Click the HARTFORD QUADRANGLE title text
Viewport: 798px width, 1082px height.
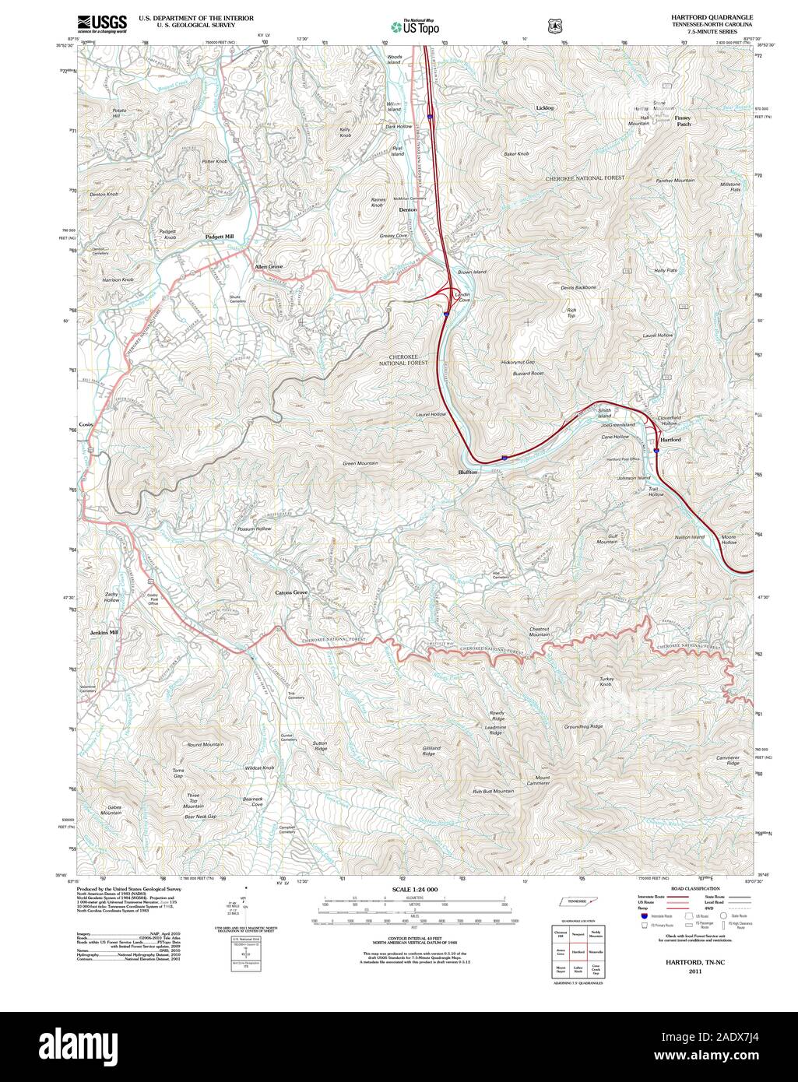point(707,16)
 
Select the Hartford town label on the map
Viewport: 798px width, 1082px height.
point(670,440)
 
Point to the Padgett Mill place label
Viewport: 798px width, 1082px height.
point(219,237)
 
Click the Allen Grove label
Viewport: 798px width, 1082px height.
point(269,266)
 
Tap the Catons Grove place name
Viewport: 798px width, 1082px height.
point(291,593)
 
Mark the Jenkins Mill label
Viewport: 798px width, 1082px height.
point(104,632)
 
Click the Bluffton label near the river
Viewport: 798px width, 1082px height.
point(468,472)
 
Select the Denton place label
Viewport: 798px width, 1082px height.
point(408,210)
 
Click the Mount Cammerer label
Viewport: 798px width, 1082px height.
point(542,780)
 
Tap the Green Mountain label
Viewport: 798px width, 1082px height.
point(360,463)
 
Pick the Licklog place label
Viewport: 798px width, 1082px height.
point(545,107)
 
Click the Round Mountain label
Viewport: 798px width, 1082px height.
point(205,745)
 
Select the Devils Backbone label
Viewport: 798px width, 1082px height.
point(578,287)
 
